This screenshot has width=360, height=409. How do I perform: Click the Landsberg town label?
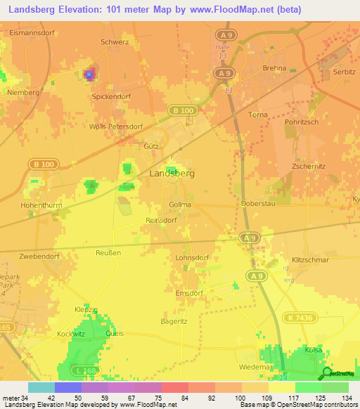(x=172, y=173)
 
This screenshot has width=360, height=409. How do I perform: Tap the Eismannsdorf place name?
(x=33, y=32)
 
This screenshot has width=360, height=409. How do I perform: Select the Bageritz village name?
(x=174, y=320)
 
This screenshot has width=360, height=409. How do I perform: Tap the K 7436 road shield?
(x=300, y=318)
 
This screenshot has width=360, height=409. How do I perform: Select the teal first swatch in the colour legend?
(x=41, y=387)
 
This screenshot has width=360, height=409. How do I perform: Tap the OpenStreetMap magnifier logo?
(x=326, y=373)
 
